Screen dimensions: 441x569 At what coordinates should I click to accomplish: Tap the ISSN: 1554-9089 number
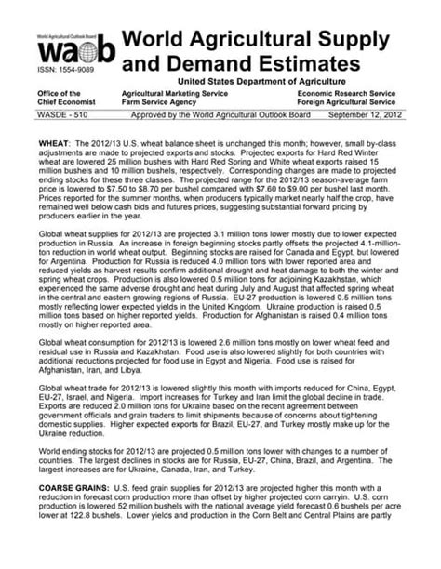[x=65, y=72]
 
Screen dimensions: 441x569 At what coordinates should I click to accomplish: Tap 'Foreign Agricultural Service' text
[x=353, y=104]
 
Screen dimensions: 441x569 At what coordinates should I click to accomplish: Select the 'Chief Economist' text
[x=67, y=104]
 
